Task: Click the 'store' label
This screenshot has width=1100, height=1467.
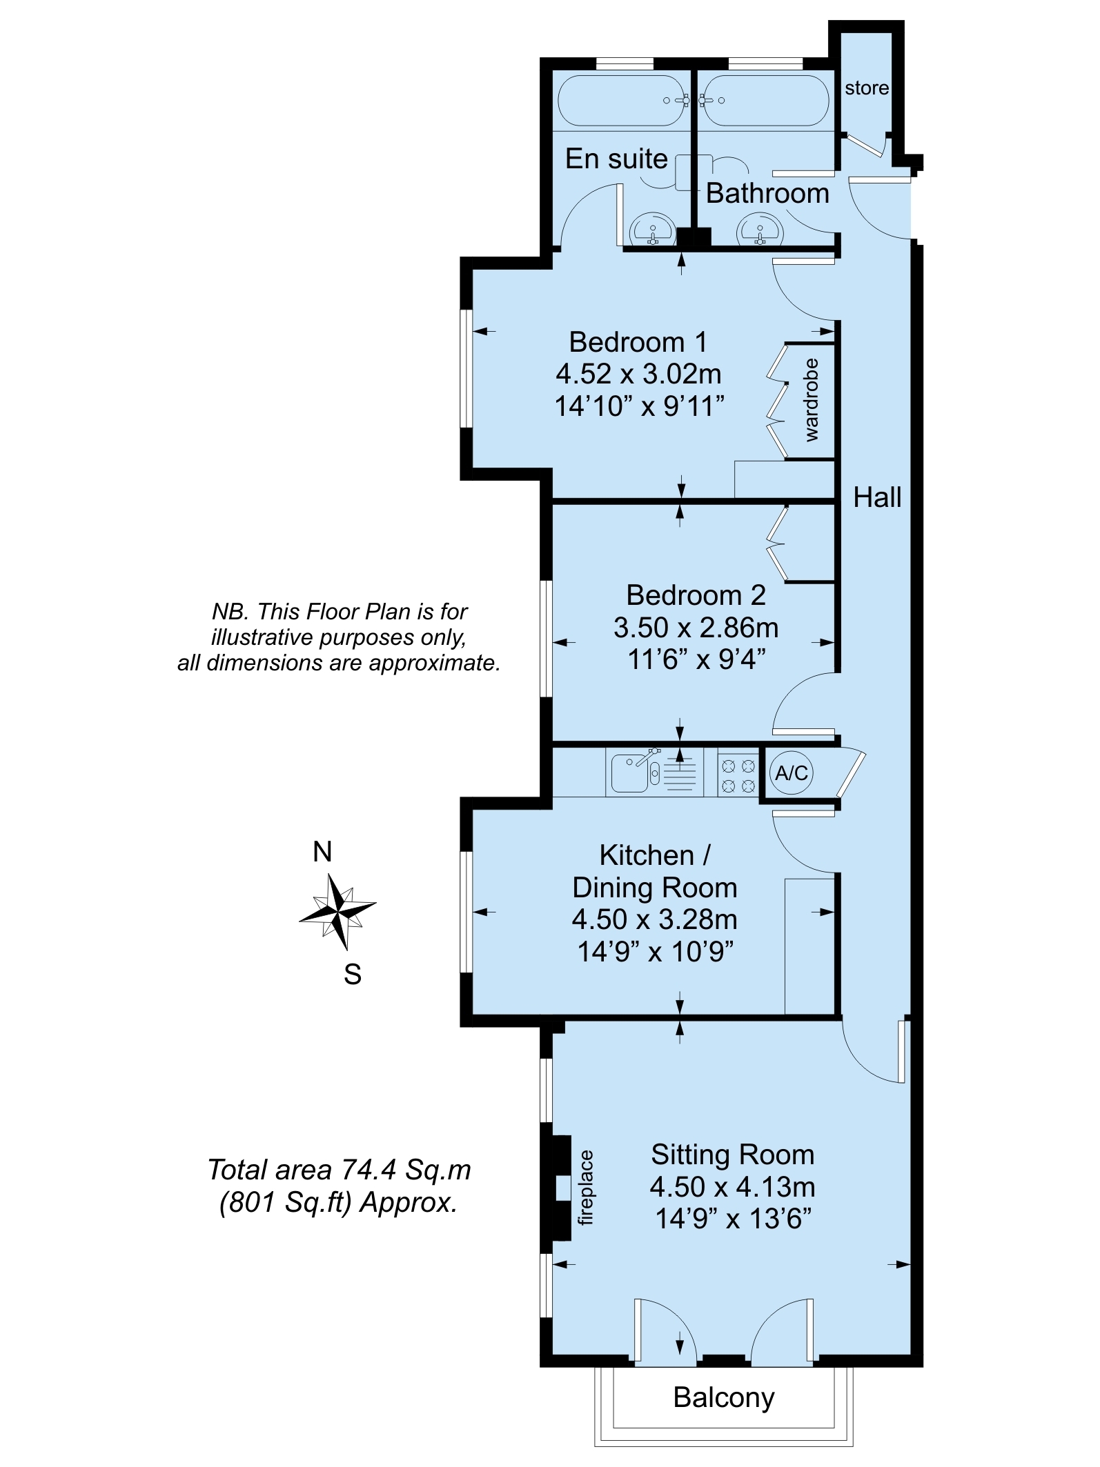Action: pyautogui.click(x=867, y=88)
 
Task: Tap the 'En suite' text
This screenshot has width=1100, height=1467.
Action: pyautogui.click(x=616, y=159)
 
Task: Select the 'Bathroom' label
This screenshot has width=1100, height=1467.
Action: pyautogui.click(x=767, y=193)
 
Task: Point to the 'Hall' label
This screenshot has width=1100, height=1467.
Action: pyautogui.click(x=877, y=497)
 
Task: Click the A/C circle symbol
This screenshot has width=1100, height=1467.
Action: pyautogui.click(x=792, y=772)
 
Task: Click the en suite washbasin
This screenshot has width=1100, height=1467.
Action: pyautogui.click(x=652, y=228)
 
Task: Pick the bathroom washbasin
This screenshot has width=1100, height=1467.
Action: pyautogui.click(x=760, y=228)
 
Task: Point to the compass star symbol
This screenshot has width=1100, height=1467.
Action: pyautogui.click(x=338, y=912)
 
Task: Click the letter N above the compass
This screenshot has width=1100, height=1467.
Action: pyautogui.click(x=322, y=852)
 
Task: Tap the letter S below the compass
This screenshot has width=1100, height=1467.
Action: pyautogui.click(x=353, y=975)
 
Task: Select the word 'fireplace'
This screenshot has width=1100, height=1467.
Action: pyautogui.click(x=585, y=1188)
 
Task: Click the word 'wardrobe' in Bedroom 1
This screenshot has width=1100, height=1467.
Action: pyautogui.click(x=811, y=400)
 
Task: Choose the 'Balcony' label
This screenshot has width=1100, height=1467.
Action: pyautogui.click(x=724, y=1397)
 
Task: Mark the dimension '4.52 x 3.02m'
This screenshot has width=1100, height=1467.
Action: pyautogui.click(x=638, y=374)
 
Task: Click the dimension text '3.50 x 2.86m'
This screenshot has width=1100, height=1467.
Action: pyautogui.click(x=696, y=628)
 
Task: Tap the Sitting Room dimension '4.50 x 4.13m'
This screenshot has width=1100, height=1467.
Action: pyautogui.click(x=732, y=1187)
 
